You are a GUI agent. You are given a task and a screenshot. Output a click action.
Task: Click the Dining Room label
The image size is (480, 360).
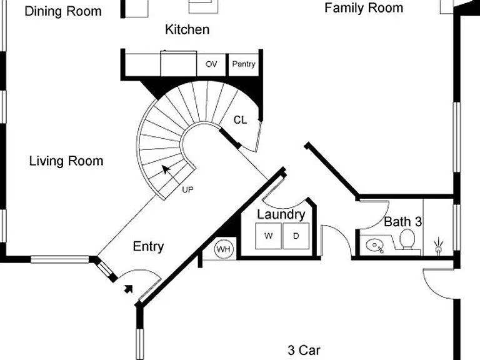point(63,11)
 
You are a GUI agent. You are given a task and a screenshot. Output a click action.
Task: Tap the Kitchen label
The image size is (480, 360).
point(187,29)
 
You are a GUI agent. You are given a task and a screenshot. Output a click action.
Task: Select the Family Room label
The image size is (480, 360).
point(364,8)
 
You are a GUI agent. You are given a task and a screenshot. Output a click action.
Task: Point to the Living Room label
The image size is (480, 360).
point(66,161)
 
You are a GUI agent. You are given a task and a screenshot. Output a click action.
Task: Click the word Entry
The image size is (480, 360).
point(149,247)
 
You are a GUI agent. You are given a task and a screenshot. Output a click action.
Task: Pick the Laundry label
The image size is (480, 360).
point(281,214)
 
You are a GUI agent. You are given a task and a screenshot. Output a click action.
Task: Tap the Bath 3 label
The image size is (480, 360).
point(403,222)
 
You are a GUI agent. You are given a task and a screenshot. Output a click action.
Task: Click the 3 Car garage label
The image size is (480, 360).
point(304,350)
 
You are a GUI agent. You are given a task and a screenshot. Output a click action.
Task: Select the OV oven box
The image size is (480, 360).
point(211,64)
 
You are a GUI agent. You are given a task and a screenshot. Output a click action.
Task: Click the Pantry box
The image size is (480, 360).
point(244,64)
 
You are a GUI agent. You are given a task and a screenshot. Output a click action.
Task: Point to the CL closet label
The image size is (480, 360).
point(240,120)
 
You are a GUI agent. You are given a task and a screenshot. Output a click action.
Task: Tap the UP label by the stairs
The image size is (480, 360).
point(187,190)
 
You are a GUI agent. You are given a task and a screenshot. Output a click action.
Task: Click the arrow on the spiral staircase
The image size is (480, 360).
point(166,169)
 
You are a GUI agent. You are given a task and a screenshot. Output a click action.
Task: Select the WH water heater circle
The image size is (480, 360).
point(224,249)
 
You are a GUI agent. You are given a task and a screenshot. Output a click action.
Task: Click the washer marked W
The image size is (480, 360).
point(269,236)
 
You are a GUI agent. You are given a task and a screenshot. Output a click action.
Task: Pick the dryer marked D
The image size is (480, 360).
point(296,236)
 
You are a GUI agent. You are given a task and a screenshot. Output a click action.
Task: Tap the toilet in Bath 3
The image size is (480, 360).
point(407,240)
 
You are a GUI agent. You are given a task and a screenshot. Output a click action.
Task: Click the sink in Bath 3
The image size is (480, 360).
point(375,246)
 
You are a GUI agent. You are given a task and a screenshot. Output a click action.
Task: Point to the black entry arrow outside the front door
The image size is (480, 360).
point(129,289)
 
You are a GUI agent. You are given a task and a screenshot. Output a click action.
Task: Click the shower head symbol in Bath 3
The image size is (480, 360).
point(438,246)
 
